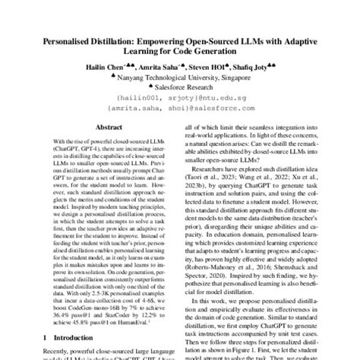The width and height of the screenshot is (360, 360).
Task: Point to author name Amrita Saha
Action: (167, 65)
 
